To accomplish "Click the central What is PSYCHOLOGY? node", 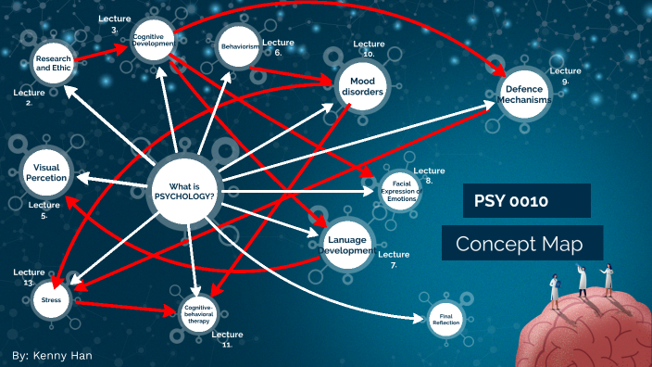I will pos(185,190).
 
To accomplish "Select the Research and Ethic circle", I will pos(53,63).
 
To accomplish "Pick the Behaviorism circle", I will pos(238,45).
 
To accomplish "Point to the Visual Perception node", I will pos(46,170).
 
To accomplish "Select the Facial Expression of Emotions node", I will pos(399,190).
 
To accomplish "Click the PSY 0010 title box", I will pos(527,200).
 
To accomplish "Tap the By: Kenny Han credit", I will pos(53,356).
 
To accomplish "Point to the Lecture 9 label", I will pos(565,75).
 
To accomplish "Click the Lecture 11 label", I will pos(227,338).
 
